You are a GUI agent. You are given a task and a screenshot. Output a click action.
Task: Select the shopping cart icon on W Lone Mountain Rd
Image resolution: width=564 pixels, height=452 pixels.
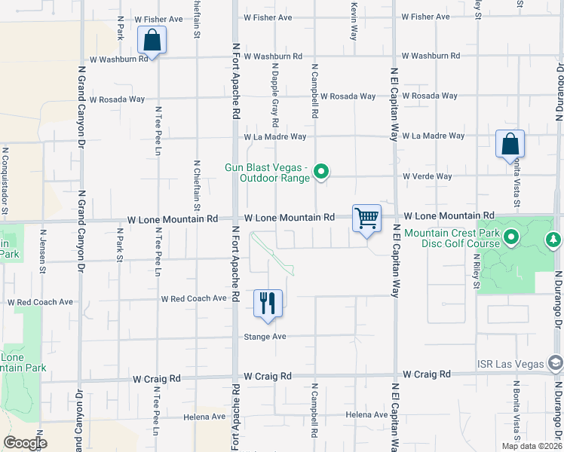click(366, 219)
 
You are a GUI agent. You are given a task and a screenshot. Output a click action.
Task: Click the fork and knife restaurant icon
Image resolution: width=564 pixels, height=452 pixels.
click(268, 304)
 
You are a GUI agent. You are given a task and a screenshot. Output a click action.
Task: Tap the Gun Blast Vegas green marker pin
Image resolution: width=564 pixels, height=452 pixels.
click(322, 173)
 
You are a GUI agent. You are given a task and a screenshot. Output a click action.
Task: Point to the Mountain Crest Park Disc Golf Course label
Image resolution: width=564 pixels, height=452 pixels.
click(452, 238)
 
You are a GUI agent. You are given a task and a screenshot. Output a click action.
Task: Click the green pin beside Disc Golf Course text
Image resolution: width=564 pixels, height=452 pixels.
click(511, 239)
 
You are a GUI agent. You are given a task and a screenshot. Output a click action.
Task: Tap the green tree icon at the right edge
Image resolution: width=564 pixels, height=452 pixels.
click(554, 239)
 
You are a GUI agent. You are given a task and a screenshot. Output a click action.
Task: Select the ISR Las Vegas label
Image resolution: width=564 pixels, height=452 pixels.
click(509, 364)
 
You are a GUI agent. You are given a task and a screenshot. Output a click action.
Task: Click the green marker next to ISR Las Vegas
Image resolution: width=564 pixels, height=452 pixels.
click(556, 365)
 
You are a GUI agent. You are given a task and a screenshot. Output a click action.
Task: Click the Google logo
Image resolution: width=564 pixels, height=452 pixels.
click(25, 443)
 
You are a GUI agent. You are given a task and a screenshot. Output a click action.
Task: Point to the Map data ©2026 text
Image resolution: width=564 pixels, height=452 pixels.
click(532, 446)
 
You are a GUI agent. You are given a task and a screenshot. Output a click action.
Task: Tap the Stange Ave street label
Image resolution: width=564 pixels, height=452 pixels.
click(265, 337)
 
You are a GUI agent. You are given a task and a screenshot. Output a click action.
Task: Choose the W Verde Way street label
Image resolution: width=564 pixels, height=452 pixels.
click(427, 176)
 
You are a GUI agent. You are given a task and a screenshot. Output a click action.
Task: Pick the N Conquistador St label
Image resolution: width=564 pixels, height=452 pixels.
click(3, 191)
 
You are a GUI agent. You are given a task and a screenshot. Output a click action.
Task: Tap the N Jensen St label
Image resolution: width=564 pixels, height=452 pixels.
click(42, 247)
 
